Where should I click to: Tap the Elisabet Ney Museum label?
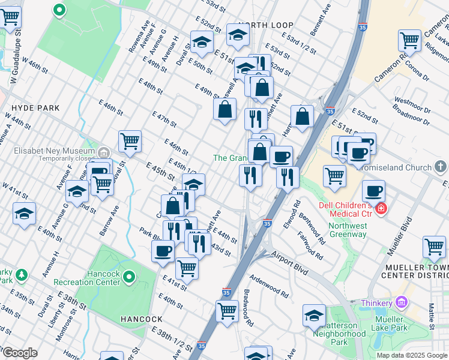(x=49, y=151)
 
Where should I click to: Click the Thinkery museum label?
(x=376, y=303)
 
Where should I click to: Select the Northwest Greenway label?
(x=347, y=230)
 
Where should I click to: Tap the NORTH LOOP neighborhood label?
(x=265, y=25)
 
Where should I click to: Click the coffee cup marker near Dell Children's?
(x=373, y=191)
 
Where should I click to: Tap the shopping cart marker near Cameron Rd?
(x=410, y=41)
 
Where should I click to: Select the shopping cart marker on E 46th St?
(x=130, y=142)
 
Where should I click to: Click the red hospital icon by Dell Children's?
(x=381, y=209)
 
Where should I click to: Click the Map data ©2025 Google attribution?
(x=412, y=355)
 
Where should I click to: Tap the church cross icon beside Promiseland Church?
(x=442, y=166)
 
